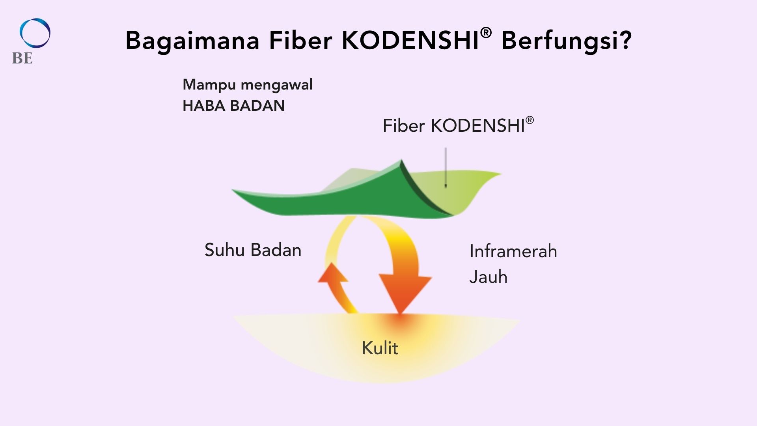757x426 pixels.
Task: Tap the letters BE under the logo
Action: coord(22,58)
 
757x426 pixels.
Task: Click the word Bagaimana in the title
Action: coord(192,41)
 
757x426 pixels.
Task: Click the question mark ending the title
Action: coord(624,40)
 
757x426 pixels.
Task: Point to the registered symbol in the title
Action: coord(486,33)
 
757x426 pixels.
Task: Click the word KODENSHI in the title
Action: coord(410,40)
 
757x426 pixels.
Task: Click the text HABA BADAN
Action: coord(233,106)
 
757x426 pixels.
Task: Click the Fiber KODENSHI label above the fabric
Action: coord(458,125)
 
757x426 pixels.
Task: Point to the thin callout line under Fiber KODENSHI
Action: coord(446,167)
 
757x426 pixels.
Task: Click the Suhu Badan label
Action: coord(253,250)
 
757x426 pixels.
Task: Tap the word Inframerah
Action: coord(513,251)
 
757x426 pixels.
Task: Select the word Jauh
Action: coord(488,277)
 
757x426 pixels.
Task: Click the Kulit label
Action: coord(380,348)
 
